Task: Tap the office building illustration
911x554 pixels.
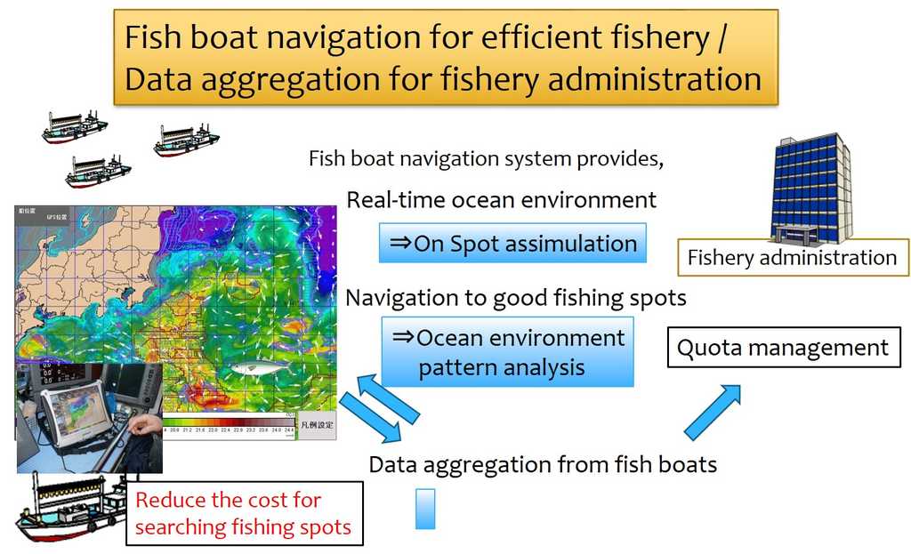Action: coord(810,188)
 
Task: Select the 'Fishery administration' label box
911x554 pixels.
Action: coord(793,258)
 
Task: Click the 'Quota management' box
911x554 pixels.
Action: coord(783,347)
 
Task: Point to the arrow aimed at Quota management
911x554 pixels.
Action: coord(712,412)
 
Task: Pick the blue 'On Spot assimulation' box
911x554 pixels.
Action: coord(512,243)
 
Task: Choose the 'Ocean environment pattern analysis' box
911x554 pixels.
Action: coord(508,352)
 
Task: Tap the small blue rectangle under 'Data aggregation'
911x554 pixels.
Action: coord(425,509)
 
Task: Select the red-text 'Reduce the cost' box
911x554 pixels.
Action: coord(243,513)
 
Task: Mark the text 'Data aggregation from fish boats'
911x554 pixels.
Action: coord(543,464)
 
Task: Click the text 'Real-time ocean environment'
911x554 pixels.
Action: coord(502,199)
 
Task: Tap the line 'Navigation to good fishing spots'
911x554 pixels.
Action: coord(516,297)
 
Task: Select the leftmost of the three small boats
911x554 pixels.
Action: coord(74,127)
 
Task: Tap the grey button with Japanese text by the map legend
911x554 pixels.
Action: coord(317,425)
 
